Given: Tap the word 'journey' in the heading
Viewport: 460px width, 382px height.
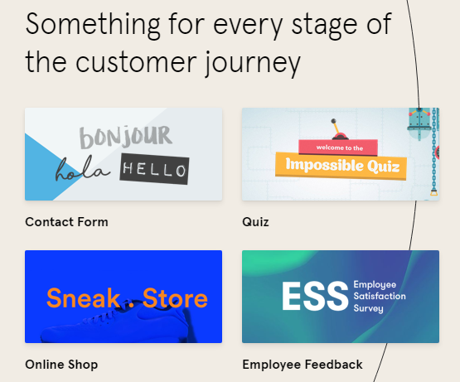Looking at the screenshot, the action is coord(253,64).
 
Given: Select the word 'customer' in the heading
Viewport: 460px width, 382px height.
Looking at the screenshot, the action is coord(136,62).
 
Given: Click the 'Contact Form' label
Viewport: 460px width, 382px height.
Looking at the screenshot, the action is coord(66,222).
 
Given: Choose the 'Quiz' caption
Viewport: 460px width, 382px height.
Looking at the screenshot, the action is coord(255,222).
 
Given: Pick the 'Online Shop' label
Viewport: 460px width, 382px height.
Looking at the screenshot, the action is coord(61,365).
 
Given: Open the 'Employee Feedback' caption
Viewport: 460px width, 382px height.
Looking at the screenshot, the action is coord(303,365).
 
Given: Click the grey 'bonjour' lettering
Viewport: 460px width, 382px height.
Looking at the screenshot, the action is coord(125,137).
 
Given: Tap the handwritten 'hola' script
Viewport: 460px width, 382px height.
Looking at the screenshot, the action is coord(82,169).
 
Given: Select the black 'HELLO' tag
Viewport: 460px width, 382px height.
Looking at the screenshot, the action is coord(154,169).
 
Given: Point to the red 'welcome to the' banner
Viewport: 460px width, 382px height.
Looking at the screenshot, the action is coord(338,147).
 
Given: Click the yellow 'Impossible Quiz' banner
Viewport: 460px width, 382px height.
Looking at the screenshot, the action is coord(341,166).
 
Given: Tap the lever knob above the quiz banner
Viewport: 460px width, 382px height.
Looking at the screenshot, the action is coord(333,121).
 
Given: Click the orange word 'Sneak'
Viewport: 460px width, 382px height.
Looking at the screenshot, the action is coord(83,298).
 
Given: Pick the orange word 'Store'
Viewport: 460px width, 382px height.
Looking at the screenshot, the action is coord(175,298).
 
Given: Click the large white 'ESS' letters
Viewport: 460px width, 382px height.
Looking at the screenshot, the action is coord(315,296).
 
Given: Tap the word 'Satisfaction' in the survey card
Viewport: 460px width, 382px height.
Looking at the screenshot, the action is coord(380,296).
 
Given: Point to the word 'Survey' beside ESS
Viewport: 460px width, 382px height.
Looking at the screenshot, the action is coord(369,308).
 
